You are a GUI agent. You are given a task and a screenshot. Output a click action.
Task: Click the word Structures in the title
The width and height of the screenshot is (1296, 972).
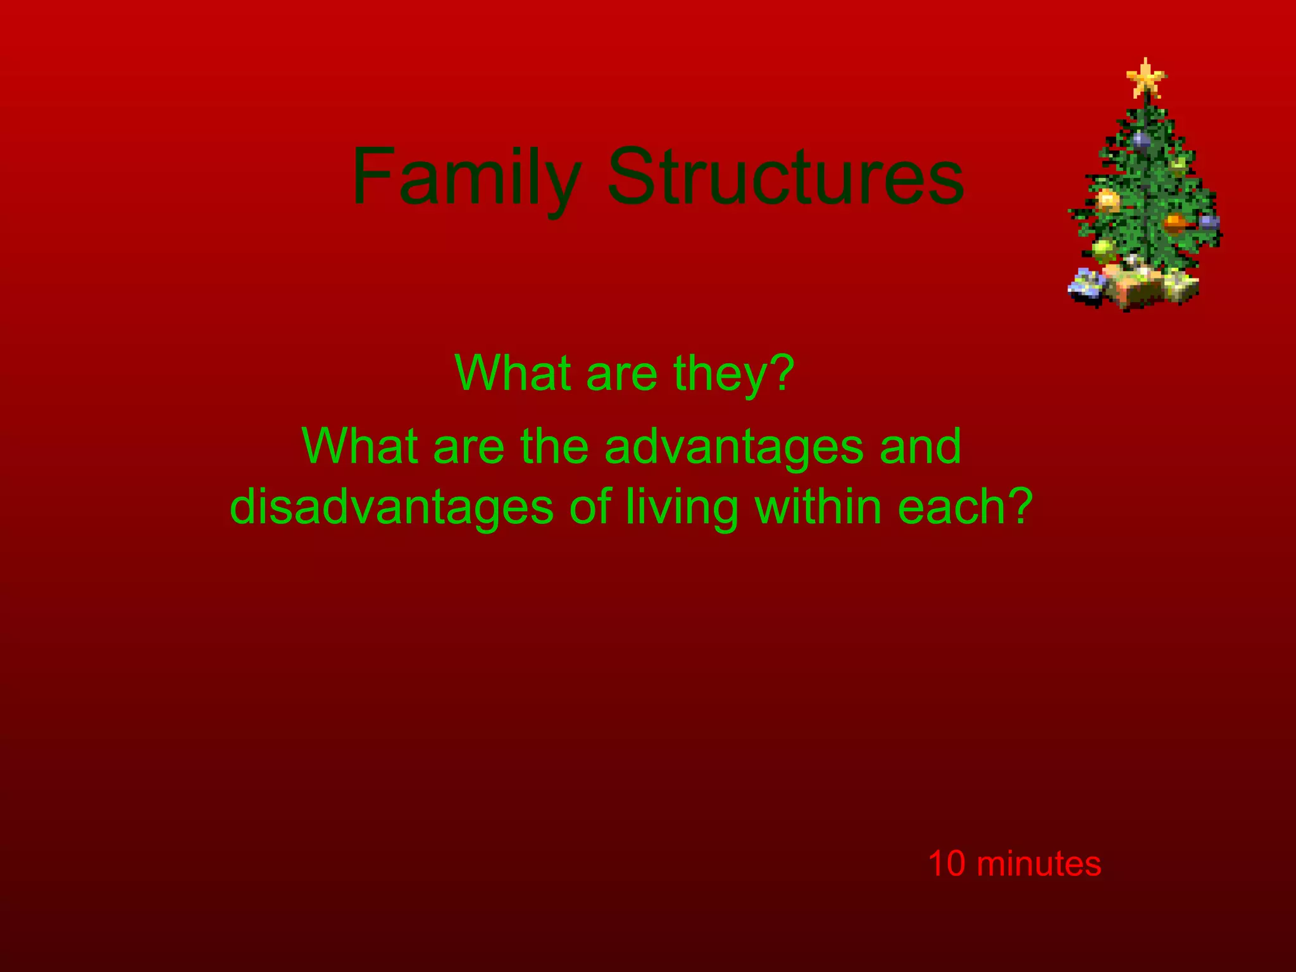pos(785,177)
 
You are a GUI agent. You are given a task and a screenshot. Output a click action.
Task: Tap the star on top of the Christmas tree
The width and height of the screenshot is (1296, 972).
pos(1145,79)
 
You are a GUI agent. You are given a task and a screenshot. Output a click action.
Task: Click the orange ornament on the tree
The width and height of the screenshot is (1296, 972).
pos(1174,223)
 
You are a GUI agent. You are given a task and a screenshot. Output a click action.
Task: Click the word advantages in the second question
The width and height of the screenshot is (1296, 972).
pos(734,447)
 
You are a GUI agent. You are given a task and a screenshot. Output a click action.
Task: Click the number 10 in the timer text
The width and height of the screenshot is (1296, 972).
pos(947,864)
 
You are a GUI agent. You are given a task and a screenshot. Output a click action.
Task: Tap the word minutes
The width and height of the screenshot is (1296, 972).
pos(1038,864)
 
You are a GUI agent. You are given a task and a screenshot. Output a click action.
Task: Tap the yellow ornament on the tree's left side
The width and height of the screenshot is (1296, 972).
pos(1107,200)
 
